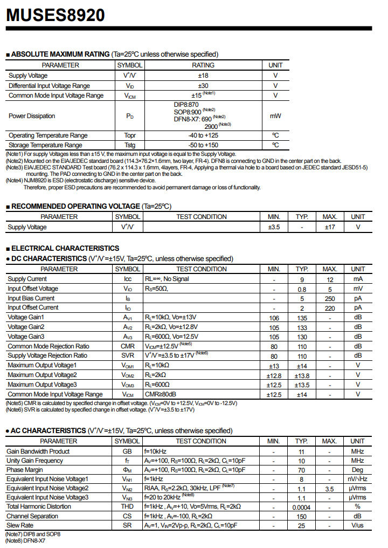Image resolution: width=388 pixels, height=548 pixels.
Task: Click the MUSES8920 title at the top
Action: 55,15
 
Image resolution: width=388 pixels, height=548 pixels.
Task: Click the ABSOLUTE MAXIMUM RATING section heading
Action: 60,54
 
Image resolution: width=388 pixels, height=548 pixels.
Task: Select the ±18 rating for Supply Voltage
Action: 203,76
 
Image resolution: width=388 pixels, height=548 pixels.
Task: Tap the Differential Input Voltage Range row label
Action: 49,86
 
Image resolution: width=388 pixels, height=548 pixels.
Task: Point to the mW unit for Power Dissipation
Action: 275,116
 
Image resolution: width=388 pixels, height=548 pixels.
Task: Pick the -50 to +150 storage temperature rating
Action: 203,145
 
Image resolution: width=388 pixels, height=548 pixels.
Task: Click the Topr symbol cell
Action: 129,135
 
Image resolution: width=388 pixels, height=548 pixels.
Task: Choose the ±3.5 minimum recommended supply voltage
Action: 274,227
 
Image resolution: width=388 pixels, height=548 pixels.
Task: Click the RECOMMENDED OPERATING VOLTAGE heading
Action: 75,206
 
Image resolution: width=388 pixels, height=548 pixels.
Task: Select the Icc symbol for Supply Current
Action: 128,279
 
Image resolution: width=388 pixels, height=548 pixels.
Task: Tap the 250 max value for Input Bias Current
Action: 330,298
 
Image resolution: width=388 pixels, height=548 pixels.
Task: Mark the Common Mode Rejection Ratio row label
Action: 48,346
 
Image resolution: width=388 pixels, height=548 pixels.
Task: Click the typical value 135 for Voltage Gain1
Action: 302,318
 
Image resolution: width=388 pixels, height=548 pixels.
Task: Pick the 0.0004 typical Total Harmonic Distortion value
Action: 302,507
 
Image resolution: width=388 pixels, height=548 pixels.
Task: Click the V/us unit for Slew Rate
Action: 358,525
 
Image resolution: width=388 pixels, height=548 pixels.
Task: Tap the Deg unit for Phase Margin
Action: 358,470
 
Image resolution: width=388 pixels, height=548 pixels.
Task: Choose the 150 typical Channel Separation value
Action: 302,516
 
